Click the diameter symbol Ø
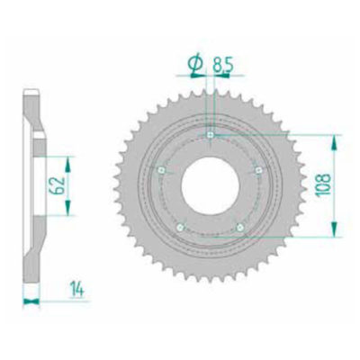pos(193,62)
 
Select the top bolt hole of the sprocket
pos(209,135)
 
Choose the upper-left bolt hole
pos(160,168)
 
